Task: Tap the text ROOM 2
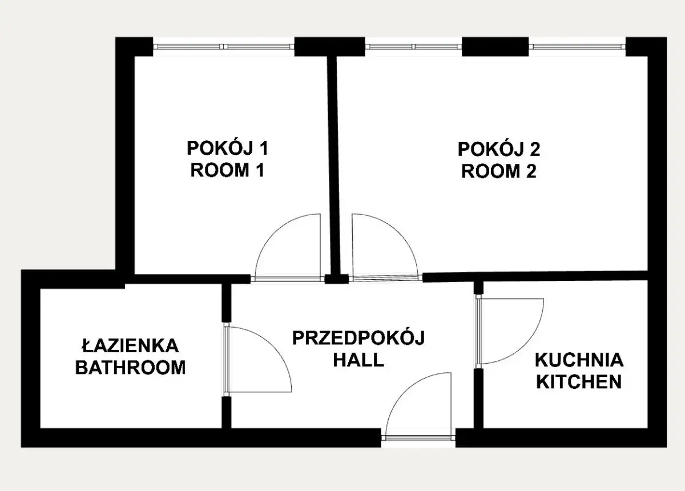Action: (499, 171)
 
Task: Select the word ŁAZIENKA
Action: (130, 346)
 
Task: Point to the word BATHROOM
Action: (131, 368)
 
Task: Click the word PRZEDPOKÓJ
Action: (358, 339)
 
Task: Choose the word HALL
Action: (358, 360)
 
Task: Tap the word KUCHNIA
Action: (579, 360)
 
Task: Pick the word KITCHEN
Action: (579, 382)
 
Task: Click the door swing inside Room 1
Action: (273, 232)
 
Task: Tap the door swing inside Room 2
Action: (398, 232)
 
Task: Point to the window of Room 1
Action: (224, 47)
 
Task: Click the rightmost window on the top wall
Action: (577, 47)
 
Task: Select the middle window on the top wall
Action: (413, 47)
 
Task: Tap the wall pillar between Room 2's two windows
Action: (495, 46)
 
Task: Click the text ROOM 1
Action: (227, 170)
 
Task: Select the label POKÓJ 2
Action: (499, 149)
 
